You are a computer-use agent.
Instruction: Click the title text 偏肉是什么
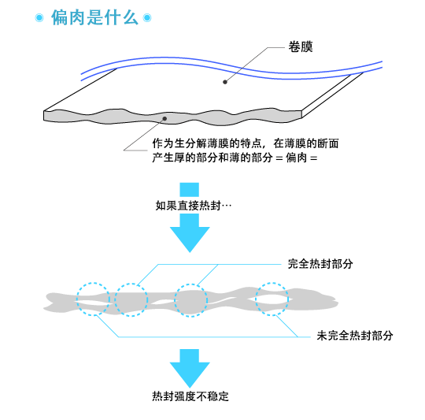[94, 17]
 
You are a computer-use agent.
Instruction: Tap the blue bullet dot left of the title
[39, 18]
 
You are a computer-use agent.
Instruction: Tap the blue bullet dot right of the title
[147, 18]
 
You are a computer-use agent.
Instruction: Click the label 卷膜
[301, 46]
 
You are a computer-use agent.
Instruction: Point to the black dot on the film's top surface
[225, 82]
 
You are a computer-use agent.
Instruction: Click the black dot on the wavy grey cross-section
[164, 118]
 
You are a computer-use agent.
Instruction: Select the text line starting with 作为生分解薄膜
[246, 143]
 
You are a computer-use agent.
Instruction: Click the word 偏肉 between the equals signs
[296, 158]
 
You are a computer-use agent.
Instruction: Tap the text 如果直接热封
[188, 206]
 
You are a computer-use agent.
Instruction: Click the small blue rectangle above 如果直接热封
[189, 190]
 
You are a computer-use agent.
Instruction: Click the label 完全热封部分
[320, 264]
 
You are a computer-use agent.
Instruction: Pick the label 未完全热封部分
[354, 336]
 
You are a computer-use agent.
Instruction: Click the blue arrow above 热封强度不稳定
[190, 369]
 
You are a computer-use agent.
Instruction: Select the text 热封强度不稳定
[190, 396]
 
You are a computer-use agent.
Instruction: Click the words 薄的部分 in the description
[251, 158]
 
